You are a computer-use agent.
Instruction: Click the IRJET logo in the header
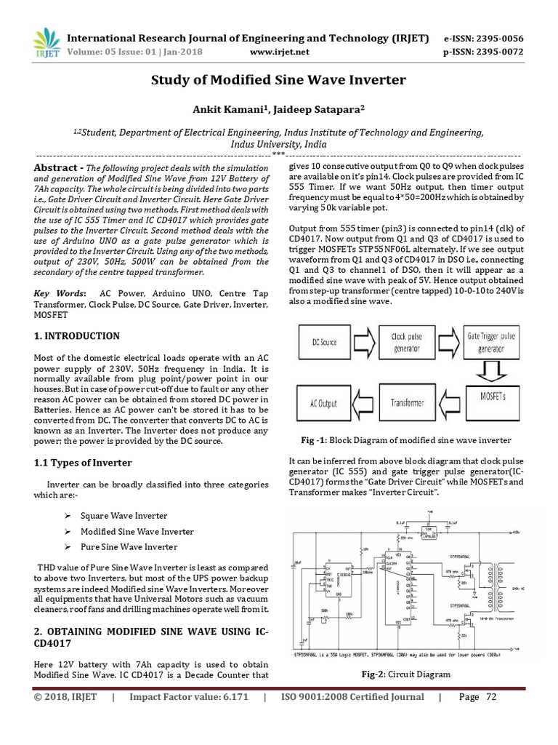point(44,43)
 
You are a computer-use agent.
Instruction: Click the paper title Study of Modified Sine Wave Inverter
point(278,80)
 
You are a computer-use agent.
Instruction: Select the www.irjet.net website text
point(279,52)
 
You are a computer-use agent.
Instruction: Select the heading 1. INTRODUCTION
point(78,336)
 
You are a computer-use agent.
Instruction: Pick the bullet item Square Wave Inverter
point(124,515)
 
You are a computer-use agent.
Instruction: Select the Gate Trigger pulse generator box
point(491,340)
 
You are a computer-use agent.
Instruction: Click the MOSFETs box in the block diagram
point(491,402)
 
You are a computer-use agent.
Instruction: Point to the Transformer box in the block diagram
point(408,402)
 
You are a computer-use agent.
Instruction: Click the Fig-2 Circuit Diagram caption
point(406,674)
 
